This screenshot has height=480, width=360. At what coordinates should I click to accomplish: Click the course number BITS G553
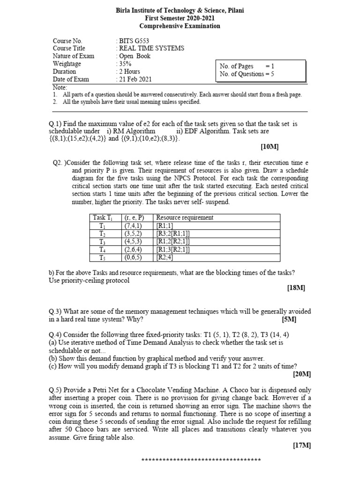pos(134,41)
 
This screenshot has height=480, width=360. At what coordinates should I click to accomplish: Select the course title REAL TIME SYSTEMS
pos(151,48)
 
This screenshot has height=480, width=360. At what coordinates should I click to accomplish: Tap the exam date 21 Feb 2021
pos(135,79)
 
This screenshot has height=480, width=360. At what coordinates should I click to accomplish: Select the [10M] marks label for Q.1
pos(270,147)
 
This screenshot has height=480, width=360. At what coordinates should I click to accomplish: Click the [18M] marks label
pos(296,289)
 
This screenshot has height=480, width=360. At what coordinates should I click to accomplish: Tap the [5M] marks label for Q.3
pos(289,319)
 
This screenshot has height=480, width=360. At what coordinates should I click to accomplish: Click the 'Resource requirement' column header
pos(185,217)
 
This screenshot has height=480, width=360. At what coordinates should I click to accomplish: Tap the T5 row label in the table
pos(103,257)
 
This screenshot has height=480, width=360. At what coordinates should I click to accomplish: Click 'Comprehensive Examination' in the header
pos(180,26)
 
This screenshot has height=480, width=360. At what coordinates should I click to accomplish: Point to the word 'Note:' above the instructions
pos(60,87)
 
